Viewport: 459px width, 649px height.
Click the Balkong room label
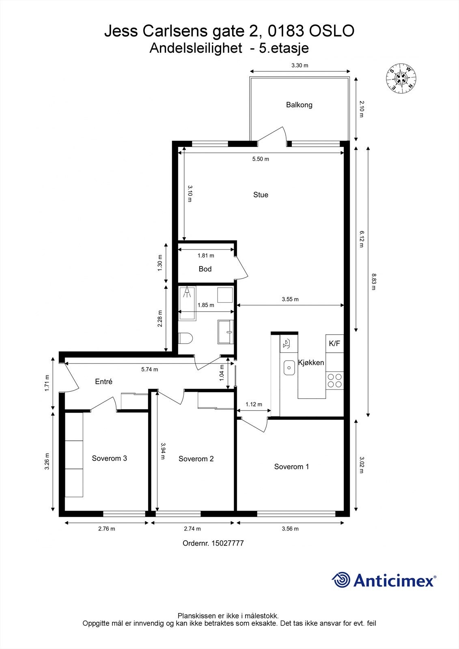click(x=299, y=105)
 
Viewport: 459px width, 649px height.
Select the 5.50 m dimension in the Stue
click(x=261, y=159)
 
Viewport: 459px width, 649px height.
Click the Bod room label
click(x=205, y=269)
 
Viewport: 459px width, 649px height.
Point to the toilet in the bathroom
click(x=185, y=338)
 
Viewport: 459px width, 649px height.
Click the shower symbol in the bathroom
click(x=187, y=292)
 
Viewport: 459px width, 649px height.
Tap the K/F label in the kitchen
click(x=334, y=344)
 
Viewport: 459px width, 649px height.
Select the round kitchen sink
click(x=289, y=368)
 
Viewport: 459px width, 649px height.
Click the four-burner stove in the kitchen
click(x=335, y=380)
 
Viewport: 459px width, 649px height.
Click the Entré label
click(x=103, y=382)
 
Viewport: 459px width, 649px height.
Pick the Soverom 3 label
click(x=109, y=458)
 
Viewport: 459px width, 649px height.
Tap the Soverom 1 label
click(x=291, y=466)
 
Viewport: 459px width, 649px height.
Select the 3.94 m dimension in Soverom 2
click(x=163, y=451)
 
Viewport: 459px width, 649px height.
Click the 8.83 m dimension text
click(x=373, y=282)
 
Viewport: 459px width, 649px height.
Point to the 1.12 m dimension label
click(x=254, y=404)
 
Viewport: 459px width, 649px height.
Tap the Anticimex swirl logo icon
click(x=341, y=580)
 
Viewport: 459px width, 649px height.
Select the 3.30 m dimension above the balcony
click(x=300, y=65)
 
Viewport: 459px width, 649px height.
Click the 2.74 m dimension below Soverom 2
click(x=192, y=529)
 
